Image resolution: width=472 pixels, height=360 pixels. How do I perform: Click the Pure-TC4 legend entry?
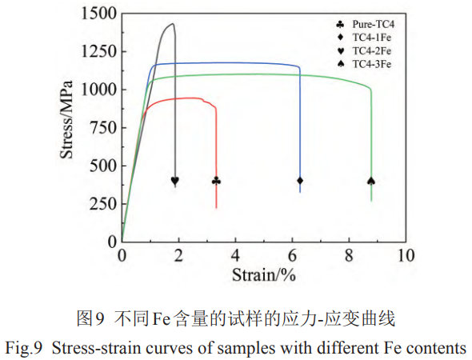point(372,25)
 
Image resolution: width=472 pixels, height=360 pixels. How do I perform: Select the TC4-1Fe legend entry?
point(372,38)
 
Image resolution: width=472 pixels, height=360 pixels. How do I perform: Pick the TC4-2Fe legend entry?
point(372,50)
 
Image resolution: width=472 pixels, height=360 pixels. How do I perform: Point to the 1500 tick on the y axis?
point(98,14)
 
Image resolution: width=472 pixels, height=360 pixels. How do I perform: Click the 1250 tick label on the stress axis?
point(98,52)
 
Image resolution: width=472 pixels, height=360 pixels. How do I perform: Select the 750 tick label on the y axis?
point(102,127)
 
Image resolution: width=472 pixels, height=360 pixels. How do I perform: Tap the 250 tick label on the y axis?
point(102,203)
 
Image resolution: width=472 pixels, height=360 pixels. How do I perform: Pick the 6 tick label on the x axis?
point(292,255)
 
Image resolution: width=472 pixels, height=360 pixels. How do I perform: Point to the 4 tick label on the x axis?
point(235,255)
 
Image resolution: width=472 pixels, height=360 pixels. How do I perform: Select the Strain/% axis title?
point(264,276)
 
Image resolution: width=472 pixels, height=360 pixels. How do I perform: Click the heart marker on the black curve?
point(175,181)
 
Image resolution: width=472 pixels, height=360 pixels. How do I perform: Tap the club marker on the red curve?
point(216,181)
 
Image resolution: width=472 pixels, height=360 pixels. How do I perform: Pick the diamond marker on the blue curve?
point(300,181)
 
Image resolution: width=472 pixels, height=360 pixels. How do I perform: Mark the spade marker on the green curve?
point(371,181)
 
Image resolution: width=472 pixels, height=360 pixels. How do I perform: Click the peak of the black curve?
point(171,23)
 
